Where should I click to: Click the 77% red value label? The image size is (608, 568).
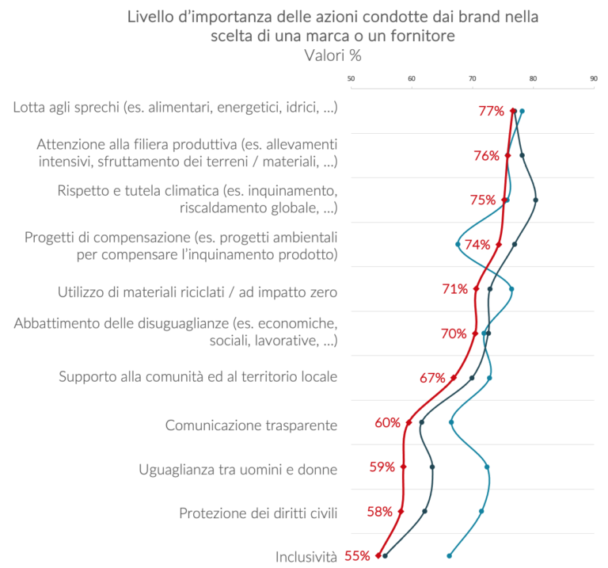[x=491, y=111]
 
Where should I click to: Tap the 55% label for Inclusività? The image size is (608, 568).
[x=357, y=556]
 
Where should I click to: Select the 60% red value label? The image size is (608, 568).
[x=387, y=423]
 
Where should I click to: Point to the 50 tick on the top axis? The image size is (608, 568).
[x=351, y=78]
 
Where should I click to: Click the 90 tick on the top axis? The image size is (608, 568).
[x=594, y=78]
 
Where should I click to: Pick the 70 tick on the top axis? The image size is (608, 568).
[x=473, y=78]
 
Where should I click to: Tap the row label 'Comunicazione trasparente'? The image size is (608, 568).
[x=251, y=425]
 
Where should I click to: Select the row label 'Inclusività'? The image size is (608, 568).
[x=306, y=557]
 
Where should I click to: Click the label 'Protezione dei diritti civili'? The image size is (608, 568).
[x=258, y=513]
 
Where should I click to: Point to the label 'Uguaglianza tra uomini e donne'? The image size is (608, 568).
[x=237, y=469]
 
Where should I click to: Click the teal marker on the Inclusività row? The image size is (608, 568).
[x=450, y=556]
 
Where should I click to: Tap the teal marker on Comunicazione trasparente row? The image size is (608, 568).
[x=451, y=422]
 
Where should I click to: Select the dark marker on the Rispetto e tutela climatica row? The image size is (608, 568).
[x=536, y=200]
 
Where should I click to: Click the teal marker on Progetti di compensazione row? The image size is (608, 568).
[x=458, y=244]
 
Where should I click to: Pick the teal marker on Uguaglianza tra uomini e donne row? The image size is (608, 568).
[x=487, y=467]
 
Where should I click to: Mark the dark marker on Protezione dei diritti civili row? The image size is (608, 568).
[x=425, y=512]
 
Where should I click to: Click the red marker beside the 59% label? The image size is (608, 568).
[x=404, y=467]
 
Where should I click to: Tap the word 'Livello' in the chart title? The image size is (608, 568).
[x=150, y=17]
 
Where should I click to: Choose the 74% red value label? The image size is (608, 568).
[x=477, y=245]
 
